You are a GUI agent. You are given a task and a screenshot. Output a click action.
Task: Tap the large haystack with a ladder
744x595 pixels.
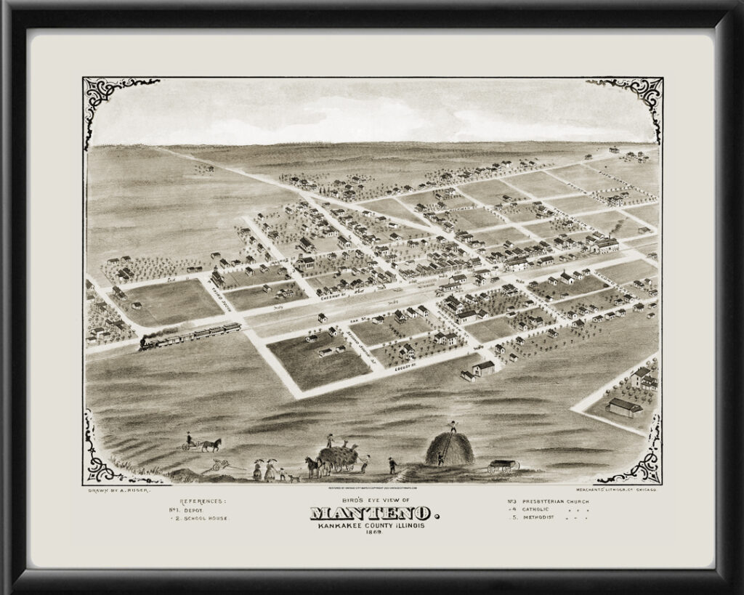pyautogui.click(x=450, y=448)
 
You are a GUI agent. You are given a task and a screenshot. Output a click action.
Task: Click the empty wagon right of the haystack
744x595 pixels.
pyautogui.click(x=503, y=466)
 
